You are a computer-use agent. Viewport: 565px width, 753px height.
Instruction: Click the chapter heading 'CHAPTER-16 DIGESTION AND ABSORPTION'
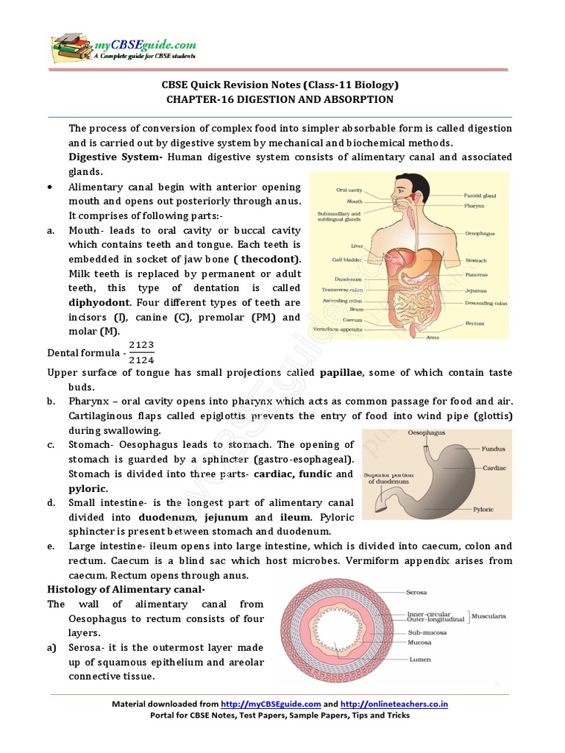pyautogui.click(x=280, y=99)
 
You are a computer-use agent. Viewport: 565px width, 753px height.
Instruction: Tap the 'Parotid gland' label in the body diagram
pyautogui.click(x=480, y=196)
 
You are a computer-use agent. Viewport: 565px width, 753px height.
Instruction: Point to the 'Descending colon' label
pyautogui.click(x=486, y=303)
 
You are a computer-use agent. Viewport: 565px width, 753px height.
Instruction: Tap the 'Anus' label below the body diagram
pyautogui.click(x=433, y=338)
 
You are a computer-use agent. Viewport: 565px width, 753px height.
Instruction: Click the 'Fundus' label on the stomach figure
pyautogui.click(x=493, y=448)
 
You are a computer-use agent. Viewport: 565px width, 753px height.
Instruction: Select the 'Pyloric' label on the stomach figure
pyautogui.click(x=483, y=509)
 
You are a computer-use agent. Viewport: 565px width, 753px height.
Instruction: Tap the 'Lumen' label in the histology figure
pyautogui.click(x=420, y=659)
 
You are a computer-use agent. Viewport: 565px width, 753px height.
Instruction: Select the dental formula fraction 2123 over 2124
pyautogui.click(x=141, y=352)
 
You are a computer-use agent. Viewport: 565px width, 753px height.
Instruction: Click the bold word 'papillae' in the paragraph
pyautogui.click(x=339, y=373)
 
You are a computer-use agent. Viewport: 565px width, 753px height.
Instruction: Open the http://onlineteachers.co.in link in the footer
pyautogui.click(x=394, y=704)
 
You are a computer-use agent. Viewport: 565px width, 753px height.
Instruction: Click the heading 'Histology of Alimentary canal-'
pyautogui.click(x=127, y=589)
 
